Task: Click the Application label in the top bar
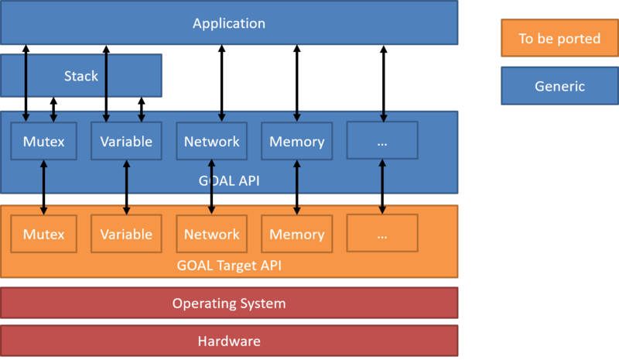(229, 24)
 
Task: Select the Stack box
(81, 75)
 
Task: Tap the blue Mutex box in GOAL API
(44, 141)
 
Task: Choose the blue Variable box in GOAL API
(126, 141)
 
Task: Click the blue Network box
(211, 141)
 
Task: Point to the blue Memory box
(297, 141)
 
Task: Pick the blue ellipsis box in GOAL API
(382, 140)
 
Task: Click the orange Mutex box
(44, 234)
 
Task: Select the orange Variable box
(126, 234)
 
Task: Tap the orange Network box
(211, 234)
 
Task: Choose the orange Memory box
(297, 234)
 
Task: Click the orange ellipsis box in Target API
(382, 233)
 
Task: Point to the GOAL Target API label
(229, 265)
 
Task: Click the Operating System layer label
(229, 303)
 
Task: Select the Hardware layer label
(229, 341)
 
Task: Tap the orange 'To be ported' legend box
(559, 38)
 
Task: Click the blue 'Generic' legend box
(559, 86)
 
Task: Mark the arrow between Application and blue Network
(222, 83)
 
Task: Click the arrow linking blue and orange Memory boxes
(297, 187)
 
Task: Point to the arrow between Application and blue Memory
(297, 83)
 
